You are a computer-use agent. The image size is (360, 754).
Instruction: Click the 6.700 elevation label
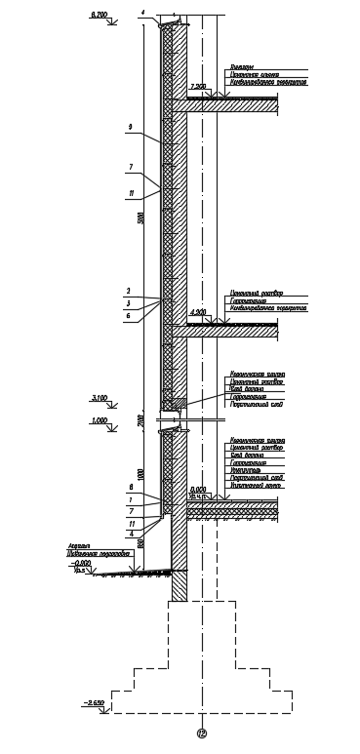click(99, 16)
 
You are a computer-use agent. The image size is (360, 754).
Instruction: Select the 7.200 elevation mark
click(199, 87)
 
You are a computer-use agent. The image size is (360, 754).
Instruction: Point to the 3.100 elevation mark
click(100, 398)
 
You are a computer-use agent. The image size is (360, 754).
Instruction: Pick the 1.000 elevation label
click(98, 420)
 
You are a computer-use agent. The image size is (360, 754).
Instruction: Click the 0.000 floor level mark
click(200, 490)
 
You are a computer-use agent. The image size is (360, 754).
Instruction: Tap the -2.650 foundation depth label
click(96, 703)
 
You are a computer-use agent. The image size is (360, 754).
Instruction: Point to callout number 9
click(130, 127)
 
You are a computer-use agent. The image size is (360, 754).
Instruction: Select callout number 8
click(130, 487)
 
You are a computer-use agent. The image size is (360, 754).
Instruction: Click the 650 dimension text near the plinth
click(142, 542)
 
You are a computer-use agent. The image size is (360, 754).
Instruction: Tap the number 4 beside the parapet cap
click(141, 12)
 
